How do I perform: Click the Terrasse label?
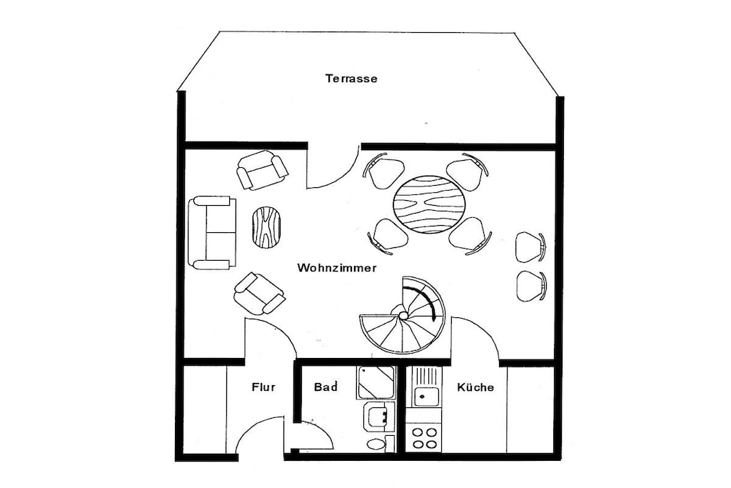click(x=351, y=79)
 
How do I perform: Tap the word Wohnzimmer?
click(x=337, y=268)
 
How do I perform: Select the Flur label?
click(x=263, y=387)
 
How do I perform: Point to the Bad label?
click(x=326, y=387)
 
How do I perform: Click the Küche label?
click(x=475, y=387)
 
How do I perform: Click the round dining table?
click(x=429, y=204)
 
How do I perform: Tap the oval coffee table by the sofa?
click(x=267, y=227)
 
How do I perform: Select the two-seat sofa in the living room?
click(x=212, y=232)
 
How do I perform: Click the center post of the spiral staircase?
click(x=403, y=315)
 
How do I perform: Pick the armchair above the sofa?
click(x=262, y=170)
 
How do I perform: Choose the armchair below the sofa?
click(x=258, y=294)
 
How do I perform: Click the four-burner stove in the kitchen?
click(x=424, y=437)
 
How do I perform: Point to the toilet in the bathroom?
click(x=376, y=444)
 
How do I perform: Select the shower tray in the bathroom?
click(x=375, y=382)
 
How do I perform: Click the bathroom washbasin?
click(x=379, y=417)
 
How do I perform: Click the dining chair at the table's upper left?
click(x=383, y=171)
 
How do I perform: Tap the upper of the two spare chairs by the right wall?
click(x=530, y=247)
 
